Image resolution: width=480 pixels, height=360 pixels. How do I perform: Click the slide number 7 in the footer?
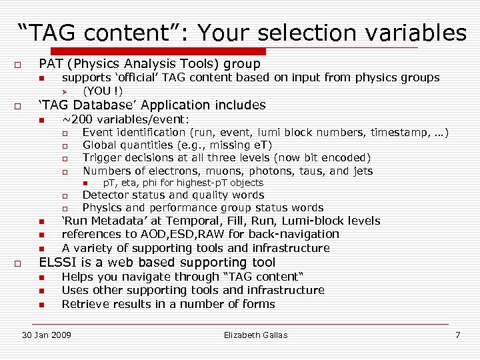point(457,335)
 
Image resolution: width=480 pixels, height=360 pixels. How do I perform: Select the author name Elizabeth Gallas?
point(256,335)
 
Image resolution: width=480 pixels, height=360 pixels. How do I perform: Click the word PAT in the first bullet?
point(52,64)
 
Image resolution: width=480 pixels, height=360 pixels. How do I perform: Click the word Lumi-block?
point(312,221)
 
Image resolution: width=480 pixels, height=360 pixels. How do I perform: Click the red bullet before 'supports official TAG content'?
point(41,79)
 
